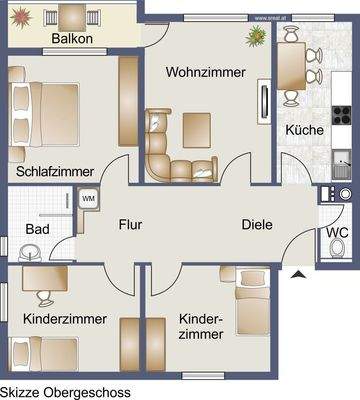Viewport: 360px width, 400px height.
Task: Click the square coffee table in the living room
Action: pos(197,128)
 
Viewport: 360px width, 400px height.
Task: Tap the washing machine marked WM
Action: pos(88,200)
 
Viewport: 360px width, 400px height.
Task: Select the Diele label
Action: pos(256,224)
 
